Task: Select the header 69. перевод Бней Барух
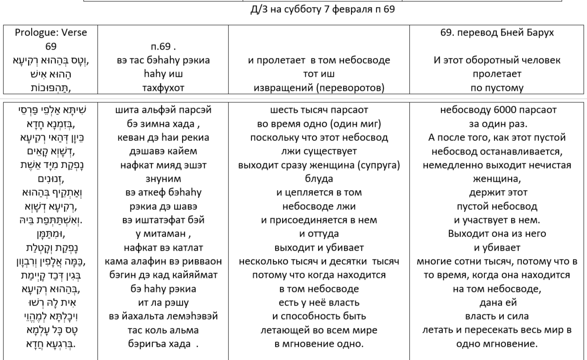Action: [497, 32]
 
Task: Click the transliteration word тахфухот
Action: [163, 88]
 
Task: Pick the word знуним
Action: [163, 179]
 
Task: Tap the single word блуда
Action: [319, 179]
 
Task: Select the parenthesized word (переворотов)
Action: [354, 88]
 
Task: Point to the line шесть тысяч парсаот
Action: [319, 110]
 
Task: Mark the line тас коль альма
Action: [163, 330]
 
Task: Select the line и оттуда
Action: [319, 234]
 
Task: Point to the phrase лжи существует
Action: [319, 151]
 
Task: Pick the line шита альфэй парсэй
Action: [163, 110]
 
